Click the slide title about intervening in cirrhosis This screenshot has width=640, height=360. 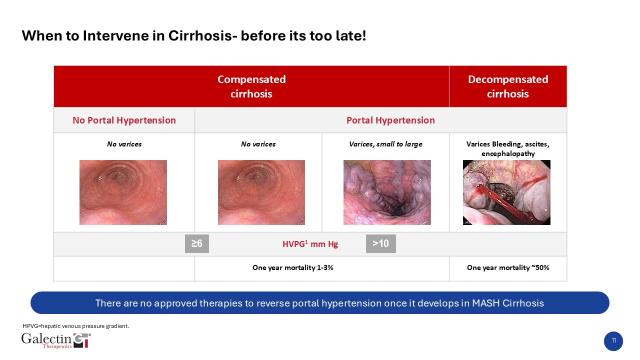[x=193, y=36]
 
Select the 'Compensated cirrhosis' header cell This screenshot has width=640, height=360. [x=251, y=86]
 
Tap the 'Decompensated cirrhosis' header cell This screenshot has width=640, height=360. [x=508, y=86]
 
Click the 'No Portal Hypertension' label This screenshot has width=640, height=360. [x=124, y=120]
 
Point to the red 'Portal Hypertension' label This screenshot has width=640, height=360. [x=390, y=120]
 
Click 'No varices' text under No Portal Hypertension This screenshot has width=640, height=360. [x=124, y=144]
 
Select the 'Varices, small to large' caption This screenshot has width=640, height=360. [x=385, y=144]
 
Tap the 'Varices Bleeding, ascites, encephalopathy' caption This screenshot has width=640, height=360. [x=508, y=148]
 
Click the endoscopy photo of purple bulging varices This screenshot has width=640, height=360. [x=387, y=192]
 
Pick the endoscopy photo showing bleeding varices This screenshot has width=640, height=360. [x=506, y=192]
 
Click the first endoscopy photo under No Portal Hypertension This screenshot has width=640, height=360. [x=123, y=192]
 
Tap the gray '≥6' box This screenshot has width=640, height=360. [x=197, y=243]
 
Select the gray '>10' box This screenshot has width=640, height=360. [x=381, y=243]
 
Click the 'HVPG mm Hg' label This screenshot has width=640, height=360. [x=310, y=244]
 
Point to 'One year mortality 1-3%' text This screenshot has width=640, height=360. [x=293, y=267]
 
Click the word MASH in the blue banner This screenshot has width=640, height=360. [x=485, y=303]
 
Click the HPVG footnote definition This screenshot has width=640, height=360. [x=75, y=326]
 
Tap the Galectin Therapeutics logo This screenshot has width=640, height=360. [x=56, y=340]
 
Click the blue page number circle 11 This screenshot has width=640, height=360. [x=613, y=341]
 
